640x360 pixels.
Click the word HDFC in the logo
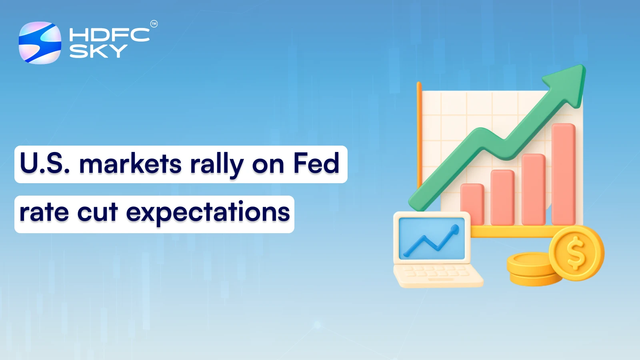109,35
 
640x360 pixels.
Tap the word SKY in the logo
98,51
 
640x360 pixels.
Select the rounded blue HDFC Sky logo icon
40,43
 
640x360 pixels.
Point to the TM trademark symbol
154,24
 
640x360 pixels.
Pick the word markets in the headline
130,164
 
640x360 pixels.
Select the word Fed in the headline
316,163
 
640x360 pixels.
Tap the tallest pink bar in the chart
563,174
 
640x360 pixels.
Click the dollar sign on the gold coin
575,253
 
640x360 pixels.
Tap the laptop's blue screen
432,238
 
